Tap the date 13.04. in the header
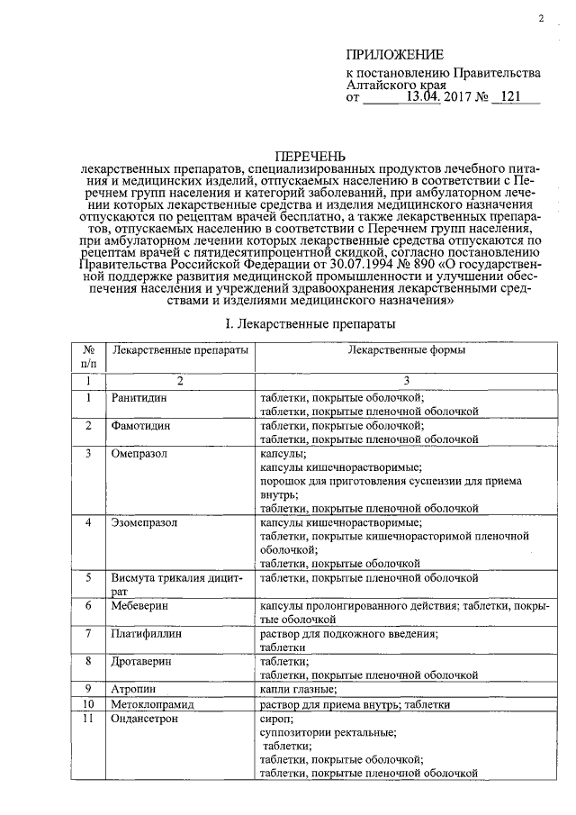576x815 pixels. (422, 96)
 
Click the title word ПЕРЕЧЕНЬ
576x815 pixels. (309, 157)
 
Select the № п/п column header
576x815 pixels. (89, 357)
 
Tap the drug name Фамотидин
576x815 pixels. (140, 425)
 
